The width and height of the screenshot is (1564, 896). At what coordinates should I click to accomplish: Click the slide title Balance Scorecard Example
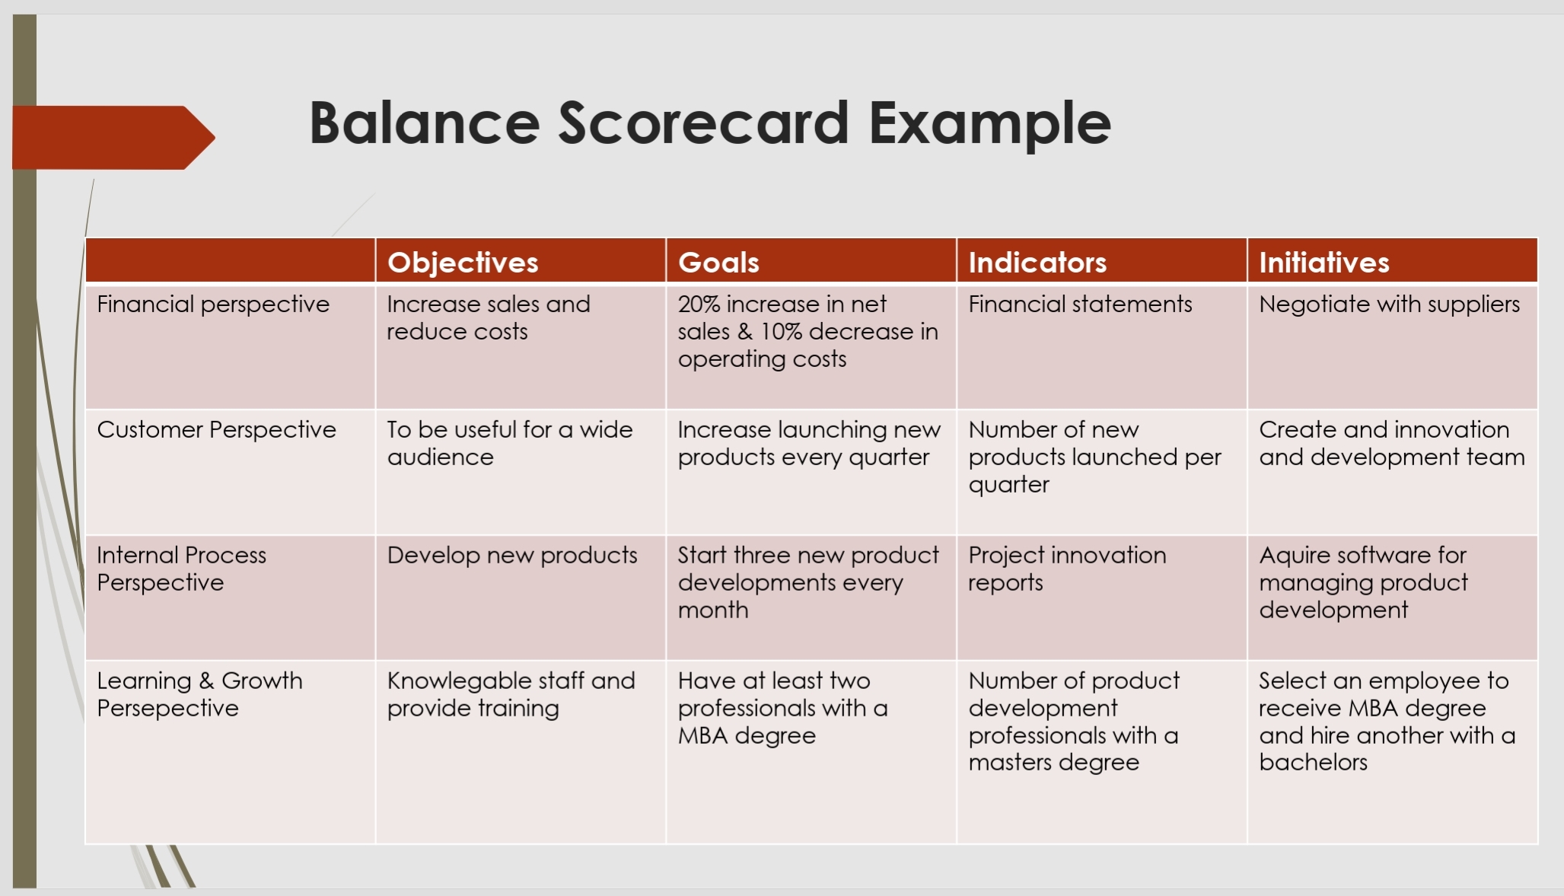tap(709, 123)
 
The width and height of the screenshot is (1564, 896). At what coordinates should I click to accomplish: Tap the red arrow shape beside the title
tap(113, 137)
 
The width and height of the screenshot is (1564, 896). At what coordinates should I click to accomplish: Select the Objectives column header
tap(463, 263)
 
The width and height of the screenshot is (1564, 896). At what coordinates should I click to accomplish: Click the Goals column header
tap(718, 263)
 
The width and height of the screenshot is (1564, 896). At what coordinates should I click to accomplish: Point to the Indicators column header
tap(1037, 263)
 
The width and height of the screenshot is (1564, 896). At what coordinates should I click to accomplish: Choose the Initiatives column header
tap(1324, 263)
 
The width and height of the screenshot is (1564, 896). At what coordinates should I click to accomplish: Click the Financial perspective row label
tap(213, 305)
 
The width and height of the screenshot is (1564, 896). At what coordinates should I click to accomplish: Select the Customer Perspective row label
tap(216, 430)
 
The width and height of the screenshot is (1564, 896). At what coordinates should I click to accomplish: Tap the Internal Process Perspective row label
tap(181, 569)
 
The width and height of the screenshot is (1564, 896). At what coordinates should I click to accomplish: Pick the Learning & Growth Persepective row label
tap(199, 694)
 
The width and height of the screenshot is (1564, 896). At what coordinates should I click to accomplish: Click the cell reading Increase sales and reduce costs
tap(489, 317)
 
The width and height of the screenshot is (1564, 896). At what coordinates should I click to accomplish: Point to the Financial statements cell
tap(1080, 305)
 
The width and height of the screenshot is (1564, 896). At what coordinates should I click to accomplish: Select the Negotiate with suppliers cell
tap(1389, 305)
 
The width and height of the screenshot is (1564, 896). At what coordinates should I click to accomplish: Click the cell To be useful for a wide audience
tap(510, 443)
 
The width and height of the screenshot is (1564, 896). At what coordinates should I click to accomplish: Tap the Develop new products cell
tap(512, 556)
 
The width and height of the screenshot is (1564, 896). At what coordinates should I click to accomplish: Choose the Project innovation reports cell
tap(1067, 569)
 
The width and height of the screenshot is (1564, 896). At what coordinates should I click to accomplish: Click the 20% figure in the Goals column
tap(699, 305)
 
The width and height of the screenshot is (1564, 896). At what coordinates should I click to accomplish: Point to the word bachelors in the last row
tap(1313, 763)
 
